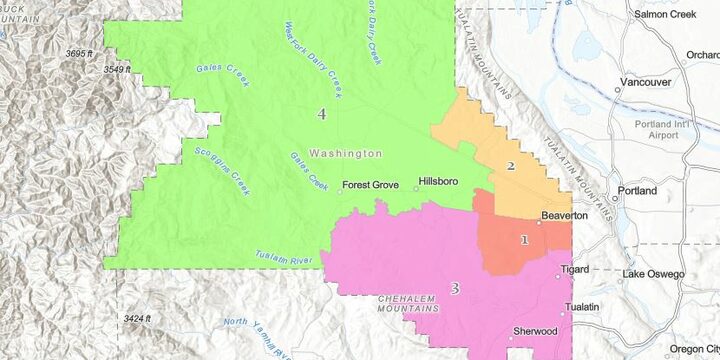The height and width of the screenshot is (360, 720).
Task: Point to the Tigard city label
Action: coord(574,270)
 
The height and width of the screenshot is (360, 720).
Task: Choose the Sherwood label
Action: coord(534,331)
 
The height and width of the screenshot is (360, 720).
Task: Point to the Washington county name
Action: coord(346,154)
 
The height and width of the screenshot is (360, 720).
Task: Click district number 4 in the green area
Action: coord(321,114)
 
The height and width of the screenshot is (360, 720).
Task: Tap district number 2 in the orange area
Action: coord(510,166)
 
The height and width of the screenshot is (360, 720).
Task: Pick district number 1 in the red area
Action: coord(524,240)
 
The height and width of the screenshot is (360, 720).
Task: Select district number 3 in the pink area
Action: coord(454,289)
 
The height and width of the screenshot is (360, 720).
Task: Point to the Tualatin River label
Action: coord(284,257)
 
